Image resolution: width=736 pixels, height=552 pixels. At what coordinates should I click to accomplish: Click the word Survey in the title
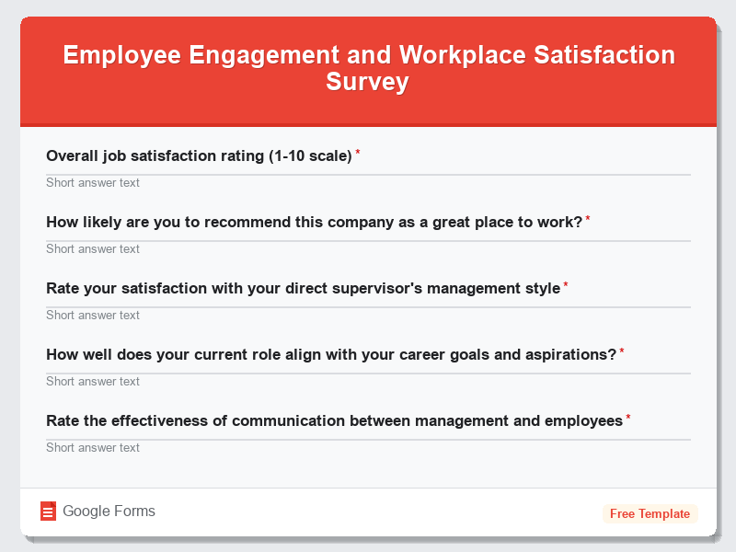[368, 82]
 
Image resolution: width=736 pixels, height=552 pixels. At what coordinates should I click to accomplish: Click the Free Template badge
[650, 513]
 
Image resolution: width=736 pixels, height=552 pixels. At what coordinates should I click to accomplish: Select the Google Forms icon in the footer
[49, 512]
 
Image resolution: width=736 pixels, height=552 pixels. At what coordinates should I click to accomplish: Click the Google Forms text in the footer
[109, 512]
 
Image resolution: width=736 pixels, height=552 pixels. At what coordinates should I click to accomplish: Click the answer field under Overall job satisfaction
[368, 182]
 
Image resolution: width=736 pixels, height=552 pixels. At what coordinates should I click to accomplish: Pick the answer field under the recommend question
[368, 248]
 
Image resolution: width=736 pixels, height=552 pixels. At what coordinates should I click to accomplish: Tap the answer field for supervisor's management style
[368, 315]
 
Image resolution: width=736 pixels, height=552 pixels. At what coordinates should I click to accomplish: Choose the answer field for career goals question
[368, 381]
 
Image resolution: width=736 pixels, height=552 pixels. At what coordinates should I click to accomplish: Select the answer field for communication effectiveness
[368, 447]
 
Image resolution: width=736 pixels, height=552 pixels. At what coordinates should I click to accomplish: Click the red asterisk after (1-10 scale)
[358, 154]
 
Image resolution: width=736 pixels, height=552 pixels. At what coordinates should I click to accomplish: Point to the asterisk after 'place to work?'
[588, 220]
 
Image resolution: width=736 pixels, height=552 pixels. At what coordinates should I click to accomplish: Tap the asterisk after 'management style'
[566, 286]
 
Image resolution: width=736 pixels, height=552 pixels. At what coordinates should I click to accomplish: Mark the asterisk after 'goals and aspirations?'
[622, 352]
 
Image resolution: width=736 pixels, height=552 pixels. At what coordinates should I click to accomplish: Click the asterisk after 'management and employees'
[628, 419]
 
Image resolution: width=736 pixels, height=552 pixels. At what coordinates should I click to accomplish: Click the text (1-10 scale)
[310, 156]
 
